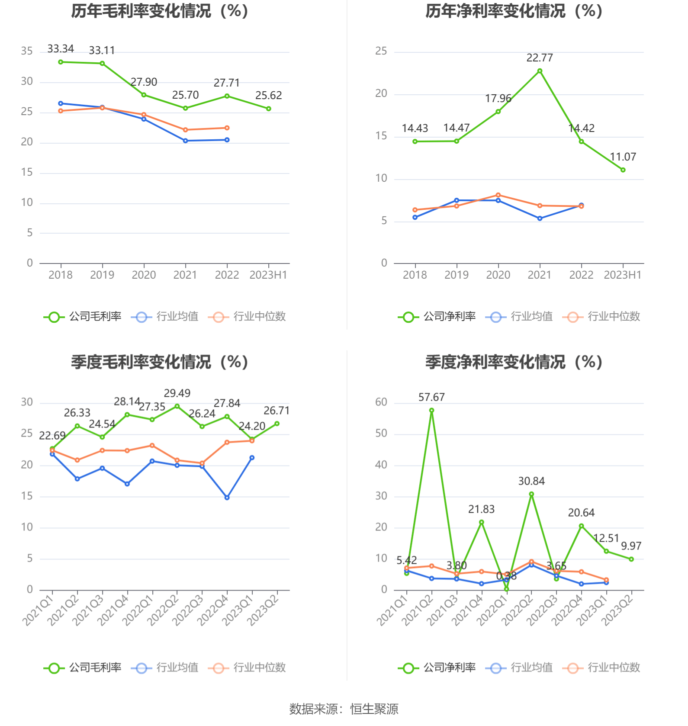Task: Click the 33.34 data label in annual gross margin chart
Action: [61, 49]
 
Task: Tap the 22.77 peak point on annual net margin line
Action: [540, 71]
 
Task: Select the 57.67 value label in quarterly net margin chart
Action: [431, 397]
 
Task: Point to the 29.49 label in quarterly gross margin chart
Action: [177, 393]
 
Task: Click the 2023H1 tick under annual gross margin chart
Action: [268, 275]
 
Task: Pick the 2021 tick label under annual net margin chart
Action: [540, 275]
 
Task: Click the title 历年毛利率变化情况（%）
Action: [160, 11]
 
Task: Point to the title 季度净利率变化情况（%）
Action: [514, 362]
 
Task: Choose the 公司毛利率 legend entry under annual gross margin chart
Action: [83, 317]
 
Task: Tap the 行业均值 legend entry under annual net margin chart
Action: [519, 317]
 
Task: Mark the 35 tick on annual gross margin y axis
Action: [27, 51]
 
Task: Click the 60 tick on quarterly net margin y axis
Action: [381, 402]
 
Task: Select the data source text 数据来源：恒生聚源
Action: [344, 709]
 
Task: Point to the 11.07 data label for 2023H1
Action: [623, 157]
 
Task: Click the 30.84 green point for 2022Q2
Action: [531, 494]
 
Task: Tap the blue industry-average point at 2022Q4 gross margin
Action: [227, 498]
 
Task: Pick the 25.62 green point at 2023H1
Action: [269, 109]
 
